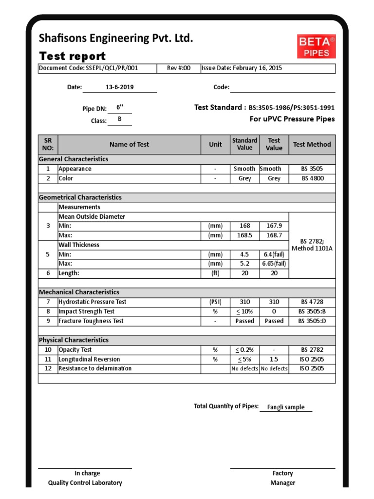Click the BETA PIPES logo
coord(317,47)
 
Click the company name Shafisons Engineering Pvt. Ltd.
coord(116,38)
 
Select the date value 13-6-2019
coord(119,87)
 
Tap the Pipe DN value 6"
coord(120,108)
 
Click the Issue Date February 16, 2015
coord(242,68)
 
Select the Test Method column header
coord(312,144)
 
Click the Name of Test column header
coord(129,144)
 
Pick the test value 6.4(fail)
coord(274,254)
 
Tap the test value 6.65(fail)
coord(274,264)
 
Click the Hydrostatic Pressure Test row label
coord(92,302)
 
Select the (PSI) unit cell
coord(215,302)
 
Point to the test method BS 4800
coord(312,178)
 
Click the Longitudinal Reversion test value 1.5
coord(274,359)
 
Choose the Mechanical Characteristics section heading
coord(79,292)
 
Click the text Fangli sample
coord(286,407)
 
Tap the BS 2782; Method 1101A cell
coord(312,245)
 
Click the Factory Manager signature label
coord(282,478)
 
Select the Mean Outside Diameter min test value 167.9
coord(274,226)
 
